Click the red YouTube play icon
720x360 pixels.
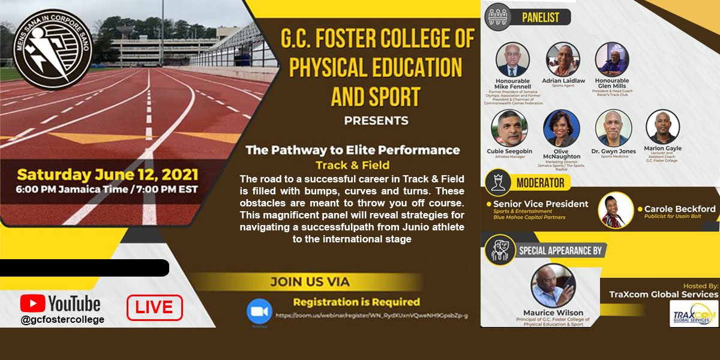(x=33, y=303)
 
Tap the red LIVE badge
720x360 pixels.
(x=154, y=308)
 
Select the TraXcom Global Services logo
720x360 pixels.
(x=693, y=313)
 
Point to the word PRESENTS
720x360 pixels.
(x=376, y=121)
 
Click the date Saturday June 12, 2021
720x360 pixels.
(x=107, y=175)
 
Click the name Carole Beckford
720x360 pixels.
(x=680, y=209)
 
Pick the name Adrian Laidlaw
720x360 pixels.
(x=563, y=80)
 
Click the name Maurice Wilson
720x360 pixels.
(x=553, y=312)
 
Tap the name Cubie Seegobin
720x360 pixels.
(x=509, y=151)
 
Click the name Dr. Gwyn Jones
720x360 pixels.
(x=613, y=151)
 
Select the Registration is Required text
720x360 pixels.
(x=356, y=302)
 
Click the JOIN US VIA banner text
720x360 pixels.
(x=310, y=281)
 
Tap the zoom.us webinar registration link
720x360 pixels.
(x=371, y=316)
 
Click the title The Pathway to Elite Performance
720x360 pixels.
(x=353, y=150)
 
